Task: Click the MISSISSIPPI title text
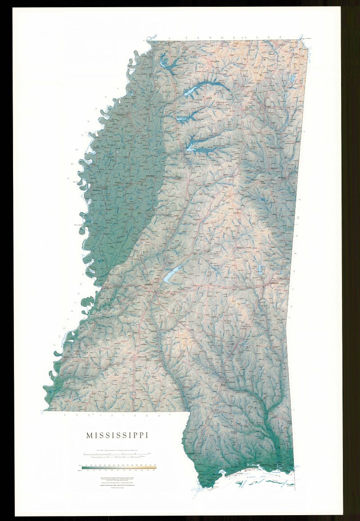tap(118, 435)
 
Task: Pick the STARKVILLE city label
tap(255, 180)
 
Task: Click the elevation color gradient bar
tap(119, 468)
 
